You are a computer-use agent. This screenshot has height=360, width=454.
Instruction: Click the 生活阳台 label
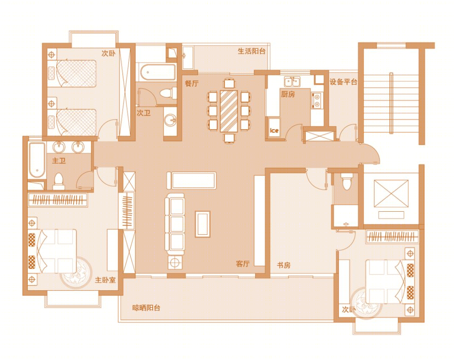coord(252,51)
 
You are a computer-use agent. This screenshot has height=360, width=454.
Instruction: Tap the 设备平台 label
coord(343,82)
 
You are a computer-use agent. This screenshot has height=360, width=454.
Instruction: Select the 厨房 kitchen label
coord(288,94)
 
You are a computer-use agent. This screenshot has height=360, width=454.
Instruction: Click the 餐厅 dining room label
coord(192,83)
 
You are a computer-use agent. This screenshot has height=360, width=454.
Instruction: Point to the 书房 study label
coord(284,265)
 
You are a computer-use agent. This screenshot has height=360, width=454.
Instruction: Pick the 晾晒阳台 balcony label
coord(146,307)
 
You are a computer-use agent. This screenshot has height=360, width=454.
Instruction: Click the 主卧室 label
coord(106,280)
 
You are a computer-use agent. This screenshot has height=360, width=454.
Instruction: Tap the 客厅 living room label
coord(243,264)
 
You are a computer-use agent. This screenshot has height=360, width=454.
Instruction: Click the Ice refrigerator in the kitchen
coord(274,127)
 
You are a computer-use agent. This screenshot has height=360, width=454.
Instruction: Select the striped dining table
coord(229,111)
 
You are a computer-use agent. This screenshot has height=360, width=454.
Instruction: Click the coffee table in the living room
coord(203,224)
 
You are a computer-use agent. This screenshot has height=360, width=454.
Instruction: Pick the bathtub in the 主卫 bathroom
coord(37,160)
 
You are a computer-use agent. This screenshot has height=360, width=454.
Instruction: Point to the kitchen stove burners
coord(317,100)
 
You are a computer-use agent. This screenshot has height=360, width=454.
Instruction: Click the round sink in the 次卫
coord(170,120)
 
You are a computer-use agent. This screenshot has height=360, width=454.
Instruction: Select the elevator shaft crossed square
coord(391,193)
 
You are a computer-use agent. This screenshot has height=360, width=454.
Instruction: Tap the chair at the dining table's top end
coord(230,83)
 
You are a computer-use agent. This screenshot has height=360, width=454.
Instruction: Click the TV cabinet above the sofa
coord(191,181)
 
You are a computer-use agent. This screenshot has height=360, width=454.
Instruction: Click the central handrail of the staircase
coord(391,103)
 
